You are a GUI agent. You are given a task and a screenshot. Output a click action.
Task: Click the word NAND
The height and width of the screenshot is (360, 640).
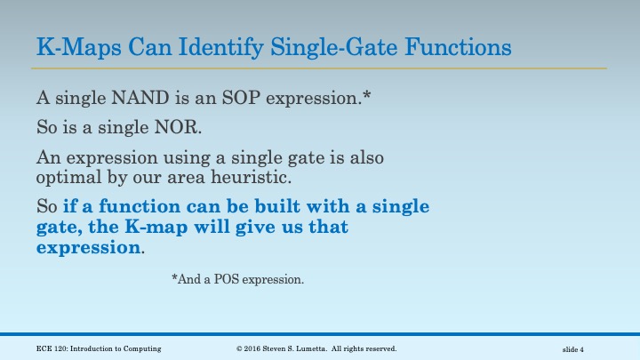[x=129, y=97]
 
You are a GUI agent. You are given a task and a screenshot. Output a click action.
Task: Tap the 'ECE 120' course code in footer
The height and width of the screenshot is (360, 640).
[x=52, y=348]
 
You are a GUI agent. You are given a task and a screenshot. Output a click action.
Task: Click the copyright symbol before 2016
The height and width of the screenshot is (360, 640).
[x=239, y=348]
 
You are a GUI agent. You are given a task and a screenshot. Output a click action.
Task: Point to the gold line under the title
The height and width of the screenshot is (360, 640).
[x=320, y=68]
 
